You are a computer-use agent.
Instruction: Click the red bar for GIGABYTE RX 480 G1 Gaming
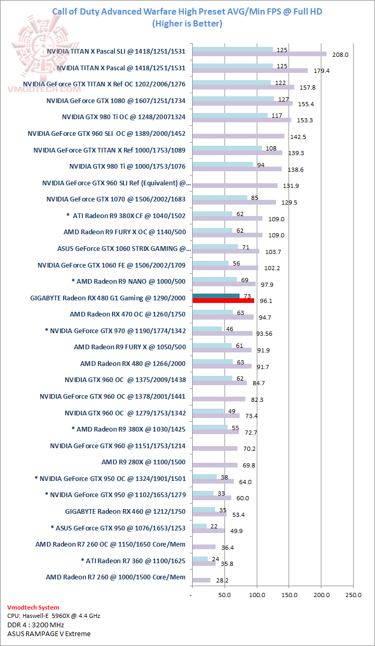223,301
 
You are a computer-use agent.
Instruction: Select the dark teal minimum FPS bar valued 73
216,296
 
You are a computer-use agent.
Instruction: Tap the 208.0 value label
340,54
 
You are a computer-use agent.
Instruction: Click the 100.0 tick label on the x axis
257,594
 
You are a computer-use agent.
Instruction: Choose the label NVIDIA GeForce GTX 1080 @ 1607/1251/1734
116,100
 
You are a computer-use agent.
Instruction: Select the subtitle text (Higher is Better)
187,23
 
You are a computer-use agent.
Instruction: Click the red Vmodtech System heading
33,607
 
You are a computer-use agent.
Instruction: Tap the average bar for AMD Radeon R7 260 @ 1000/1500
201,580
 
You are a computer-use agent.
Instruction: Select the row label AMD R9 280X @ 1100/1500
143,462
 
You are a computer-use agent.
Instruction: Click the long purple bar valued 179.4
250,70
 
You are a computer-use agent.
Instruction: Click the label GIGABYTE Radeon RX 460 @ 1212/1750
125,511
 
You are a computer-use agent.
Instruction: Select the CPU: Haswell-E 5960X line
54,616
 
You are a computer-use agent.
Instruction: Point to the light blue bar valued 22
199,526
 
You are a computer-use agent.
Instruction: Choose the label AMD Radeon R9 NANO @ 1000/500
128,281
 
